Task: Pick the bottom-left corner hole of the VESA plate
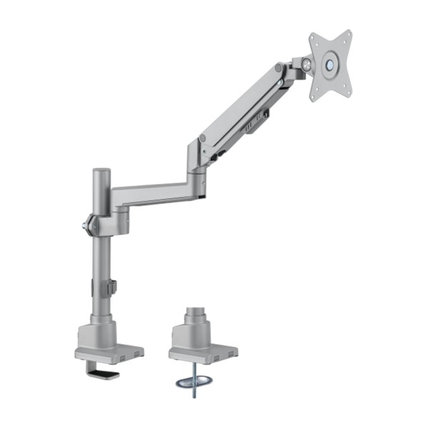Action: [x=314, y=93]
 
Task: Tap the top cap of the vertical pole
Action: [x=101, y=172]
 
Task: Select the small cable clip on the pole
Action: [x=111, y=286]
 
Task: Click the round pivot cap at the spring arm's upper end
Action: [x=277, y=70]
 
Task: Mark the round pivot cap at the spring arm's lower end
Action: [x=203, y=137]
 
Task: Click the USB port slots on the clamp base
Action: [x=129, y=352]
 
